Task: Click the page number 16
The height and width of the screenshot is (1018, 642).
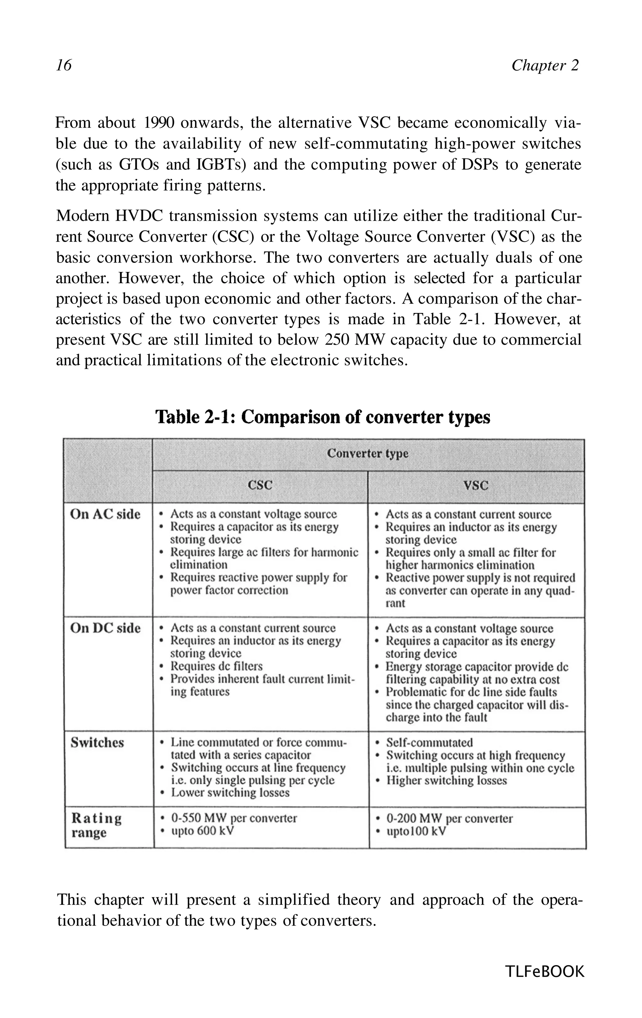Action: [x=64, y=65]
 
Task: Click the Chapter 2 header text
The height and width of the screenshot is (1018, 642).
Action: [x=545, y=65]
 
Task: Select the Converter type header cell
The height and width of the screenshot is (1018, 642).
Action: [x=367, y=454]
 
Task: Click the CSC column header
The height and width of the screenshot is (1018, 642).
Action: [x=260, y=485]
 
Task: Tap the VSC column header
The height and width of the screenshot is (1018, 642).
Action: [x=476, y=485]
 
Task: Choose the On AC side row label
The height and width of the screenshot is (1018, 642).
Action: [x=105, y=514]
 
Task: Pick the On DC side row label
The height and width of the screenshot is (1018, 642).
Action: [x=105, y=628]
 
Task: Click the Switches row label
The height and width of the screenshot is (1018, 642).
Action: [x=97, y=742]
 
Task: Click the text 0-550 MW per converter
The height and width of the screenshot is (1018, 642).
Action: [x=234, y=818]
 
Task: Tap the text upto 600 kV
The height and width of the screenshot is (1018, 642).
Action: [x=202, y=831]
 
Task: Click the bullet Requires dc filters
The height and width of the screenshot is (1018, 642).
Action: [x=216, y=666]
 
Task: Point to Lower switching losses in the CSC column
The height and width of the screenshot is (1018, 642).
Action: [x=230, y=793]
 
